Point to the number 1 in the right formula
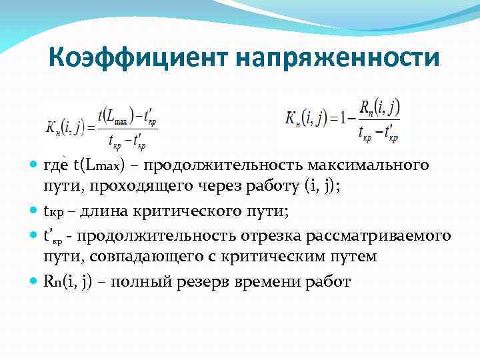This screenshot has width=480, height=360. [x=345, y=119]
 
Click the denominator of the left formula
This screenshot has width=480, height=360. [x=126, y=139]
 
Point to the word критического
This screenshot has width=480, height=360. [x=177, y=211]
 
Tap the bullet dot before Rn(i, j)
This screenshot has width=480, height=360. [x=33, y=282]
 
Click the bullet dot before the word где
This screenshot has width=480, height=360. [x=33, y=165]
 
